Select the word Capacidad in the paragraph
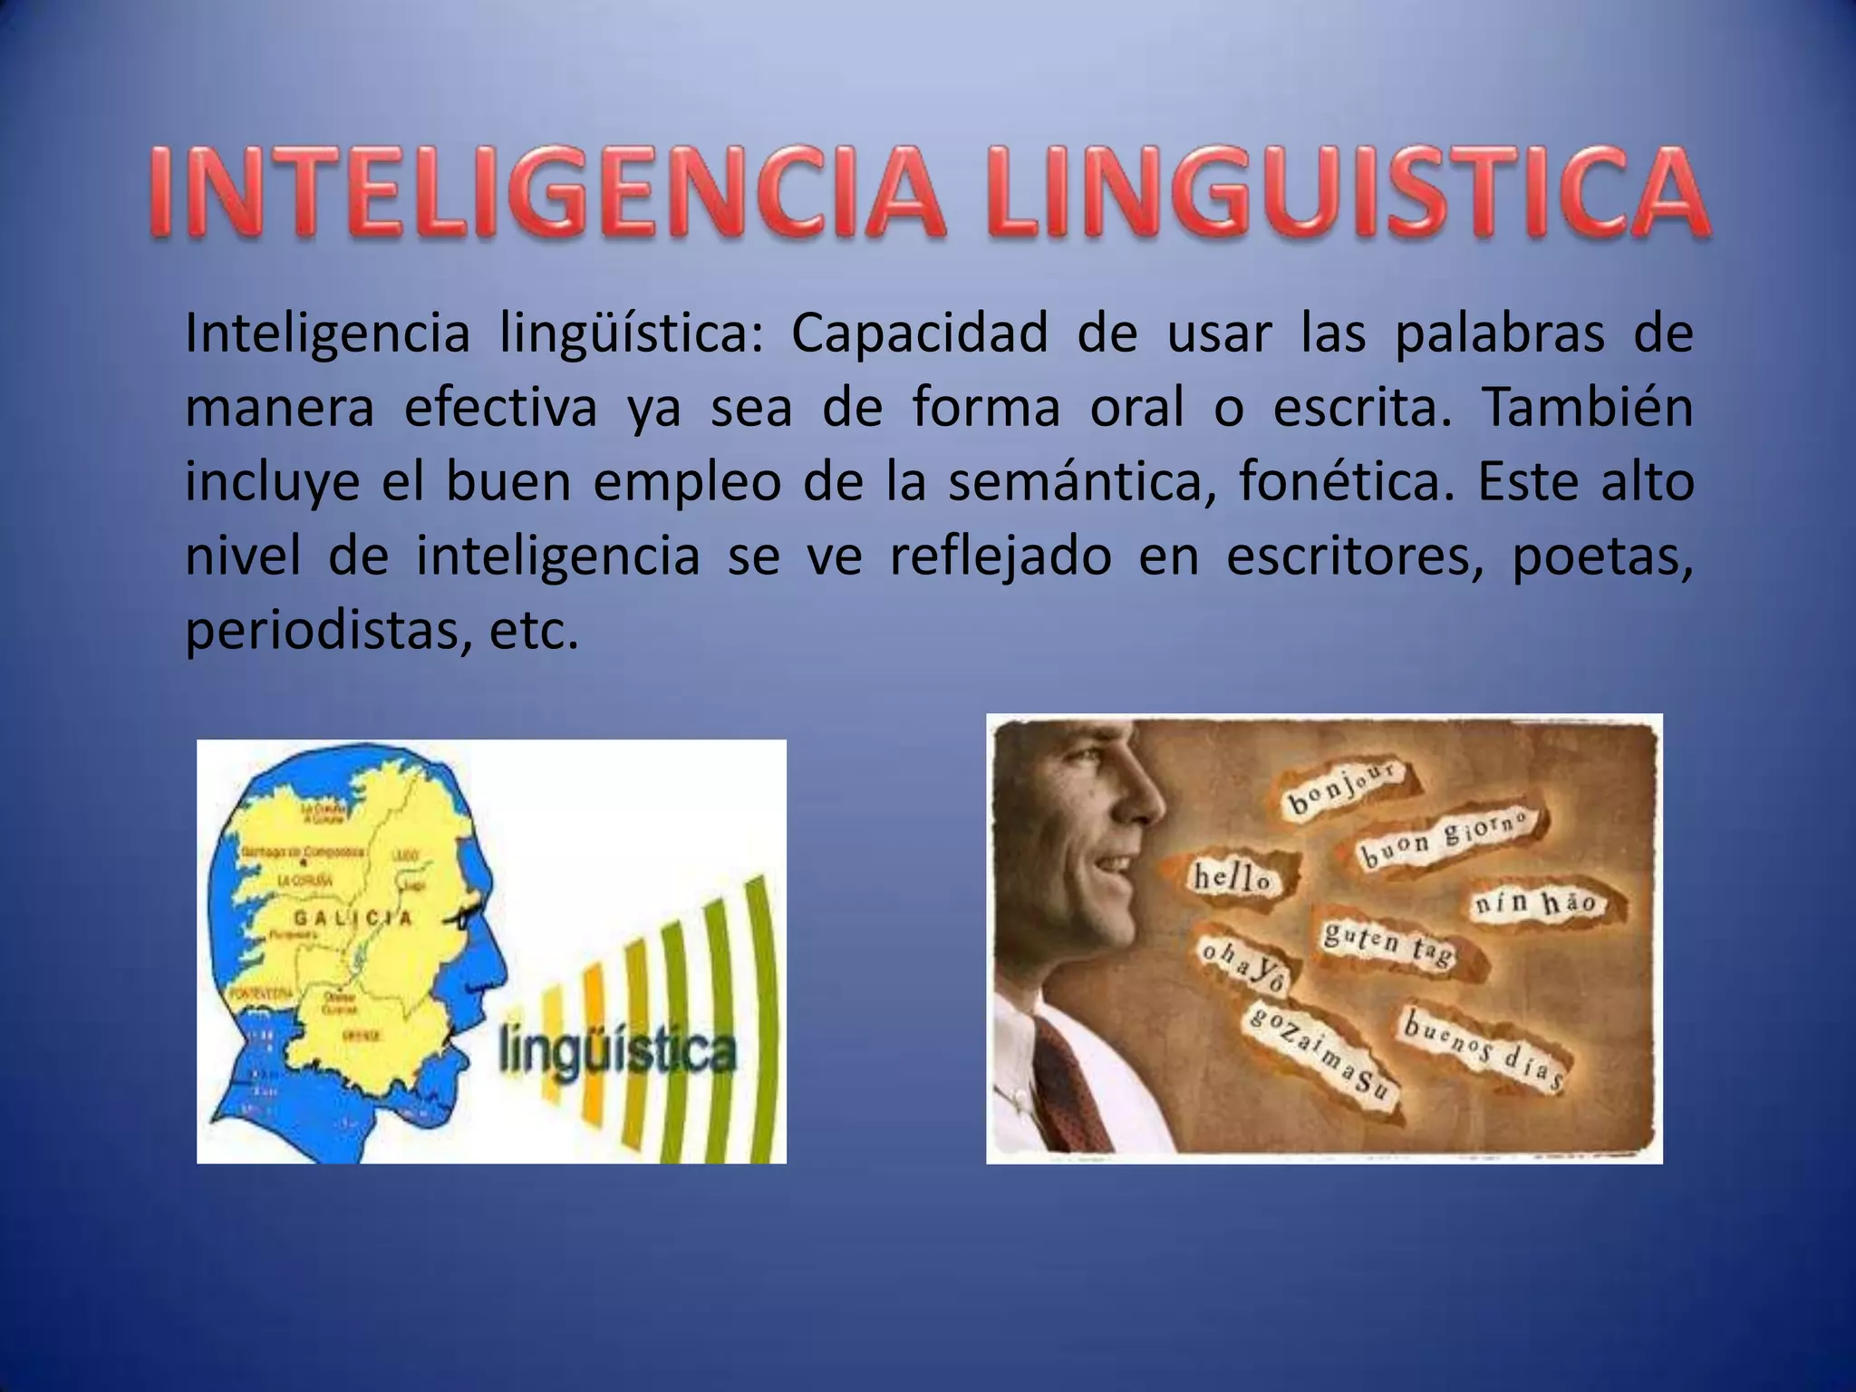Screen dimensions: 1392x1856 tap(919, 333)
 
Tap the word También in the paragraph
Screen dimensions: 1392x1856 tap(1587, 408)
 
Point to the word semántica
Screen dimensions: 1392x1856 tap(1082, 482)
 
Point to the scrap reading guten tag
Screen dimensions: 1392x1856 tap(1387, 943)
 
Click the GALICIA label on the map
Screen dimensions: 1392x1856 tap(353, 918)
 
